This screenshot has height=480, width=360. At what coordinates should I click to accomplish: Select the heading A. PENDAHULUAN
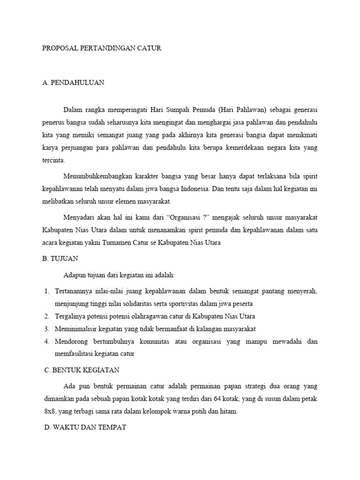[73, 82]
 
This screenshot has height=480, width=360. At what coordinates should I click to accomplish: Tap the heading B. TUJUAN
[60, 258]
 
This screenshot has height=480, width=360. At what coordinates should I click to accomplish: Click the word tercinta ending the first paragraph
[54, 160]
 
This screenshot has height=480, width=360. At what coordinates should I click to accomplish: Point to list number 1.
[47, 291]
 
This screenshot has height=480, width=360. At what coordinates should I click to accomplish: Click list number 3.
[47, 329]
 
